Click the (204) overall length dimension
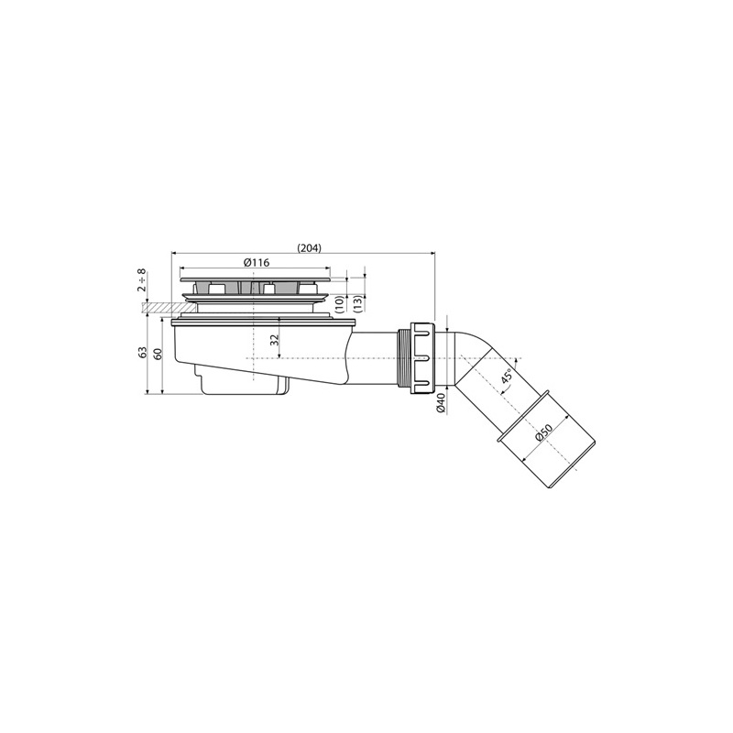[310, 247]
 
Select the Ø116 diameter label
[257, 262]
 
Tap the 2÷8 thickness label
[142, 280]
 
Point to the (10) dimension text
[340, 304]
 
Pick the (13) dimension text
[358, 304]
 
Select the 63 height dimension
[143, 352]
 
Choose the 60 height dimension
[158, 354]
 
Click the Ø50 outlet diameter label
[544, 432]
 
